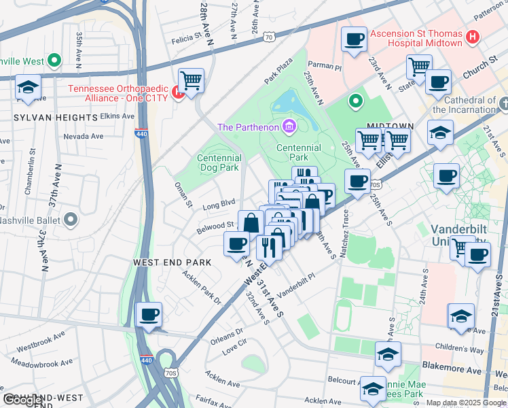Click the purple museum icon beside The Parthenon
click(290, 126)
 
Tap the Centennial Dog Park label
click(218, 162)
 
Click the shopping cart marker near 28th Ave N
click(192, 81)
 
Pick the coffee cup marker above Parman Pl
click(354, 39)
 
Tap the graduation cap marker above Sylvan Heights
click(29, 88)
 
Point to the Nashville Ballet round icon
click(71, 220)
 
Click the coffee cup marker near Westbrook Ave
click(149, 315)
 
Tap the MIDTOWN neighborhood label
click(391, 126)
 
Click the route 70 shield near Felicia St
click(270, 38)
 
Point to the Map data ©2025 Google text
click(465, 403)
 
